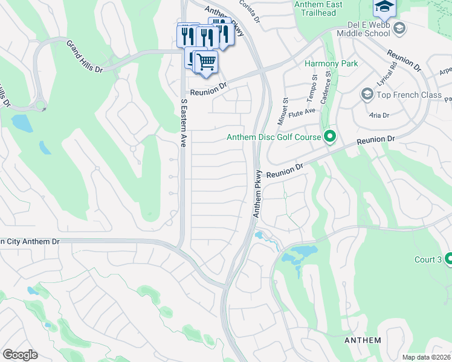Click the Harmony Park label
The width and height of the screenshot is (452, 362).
point(331,63)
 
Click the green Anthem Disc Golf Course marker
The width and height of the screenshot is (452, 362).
point(329,138)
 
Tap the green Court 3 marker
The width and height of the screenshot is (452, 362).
point(448,259)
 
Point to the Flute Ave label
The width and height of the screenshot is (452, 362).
point(302,111)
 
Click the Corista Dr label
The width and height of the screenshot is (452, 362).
point(249,10)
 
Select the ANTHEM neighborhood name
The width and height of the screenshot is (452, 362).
point(363,340)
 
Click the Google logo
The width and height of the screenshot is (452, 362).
point(20,355)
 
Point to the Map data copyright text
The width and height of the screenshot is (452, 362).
point(426,357)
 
